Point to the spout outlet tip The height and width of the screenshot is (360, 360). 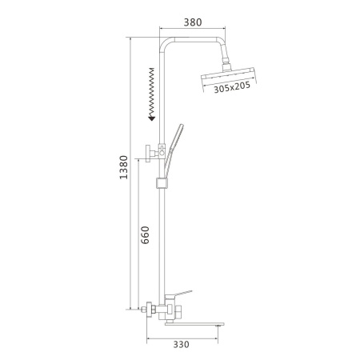pos(218,324)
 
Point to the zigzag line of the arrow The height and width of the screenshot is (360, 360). pos(150,92)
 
